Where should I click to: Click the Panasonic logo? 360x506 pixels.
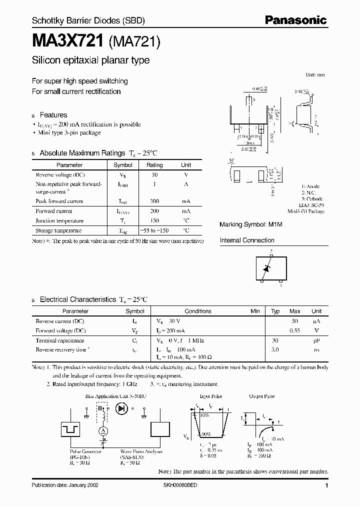[x=295, y=20]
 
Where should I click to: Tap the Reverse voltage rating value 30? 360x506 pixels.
[x=154, y=175]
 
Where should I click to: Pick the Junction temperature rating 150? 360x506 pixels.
[x=154, y=220]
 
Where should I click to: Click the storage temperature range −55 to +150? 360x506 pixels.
[x=154, y=230]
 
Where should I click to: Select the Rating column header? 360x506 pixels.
[x=154, y=165]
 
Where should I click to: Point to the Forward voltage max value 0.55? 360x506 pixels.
[x=295, y=330]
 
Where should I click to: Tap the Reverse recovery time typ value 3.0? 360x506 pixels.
[x=275, y=350]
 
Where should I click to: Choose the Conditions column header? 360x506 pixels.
[x=198, y=311]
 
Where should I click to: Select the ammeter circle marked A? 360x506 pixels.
[x=102, y=431]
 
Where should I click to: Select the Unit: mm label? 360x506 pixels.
[x=314, y=74]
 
